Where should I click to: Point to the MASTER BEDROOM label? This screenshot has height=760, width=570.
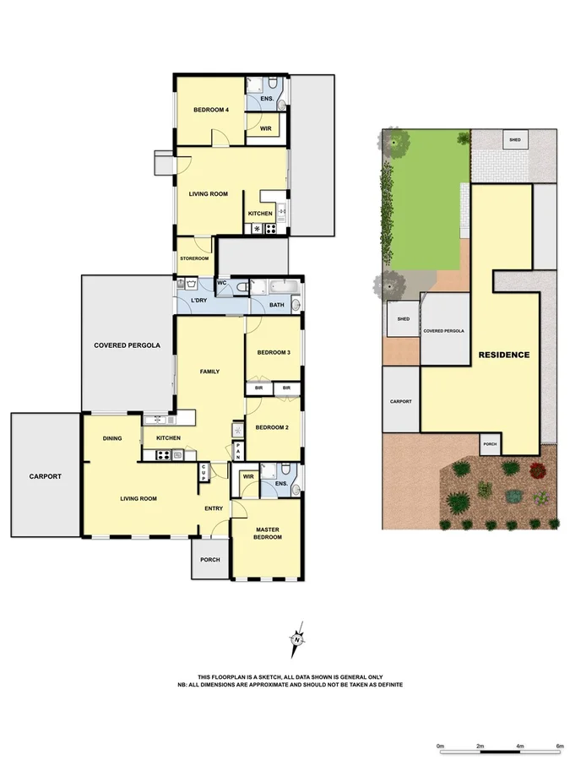(268, 534)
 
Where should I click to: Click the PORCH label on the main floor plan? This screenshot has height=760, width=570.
(209, 560)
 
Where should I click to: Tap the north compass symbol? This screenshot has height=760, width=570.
(297, 638)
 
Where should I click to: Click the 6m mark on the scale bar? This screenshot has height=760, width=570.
(559, 746)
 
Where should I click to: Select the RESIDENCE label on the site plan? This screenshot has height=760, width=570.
(503, 355)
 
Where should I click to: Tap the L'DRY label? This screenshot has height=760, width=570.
(199, 301)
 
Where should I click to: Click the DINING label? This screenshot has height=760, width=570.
(112, 438)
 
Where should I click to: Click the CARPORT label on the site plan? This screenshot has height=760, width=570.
(400, 401)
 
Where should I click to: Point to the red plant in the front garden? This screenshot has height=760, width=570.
(535, 470)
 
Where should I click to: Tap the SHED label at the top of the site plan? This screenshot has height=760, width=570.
(513, 138)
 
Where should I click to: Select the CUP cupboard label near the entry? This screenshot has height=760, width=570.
(204, 473)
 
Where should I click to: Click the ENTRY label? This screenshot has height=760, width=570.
(214, 508)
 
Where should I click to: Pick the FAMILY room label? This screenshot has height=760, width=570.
(209, 372)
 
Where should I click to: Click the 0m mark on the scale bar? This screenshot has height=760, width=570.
(440, 746)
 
